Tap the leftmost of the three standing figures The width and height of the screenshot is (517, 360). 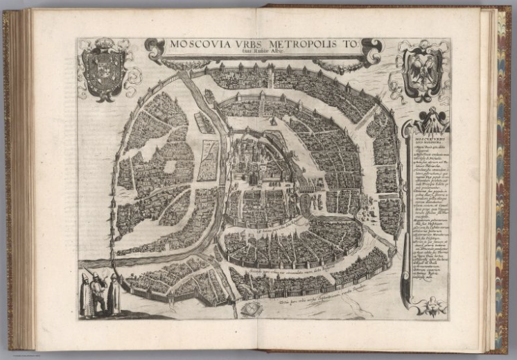tap(86, 295)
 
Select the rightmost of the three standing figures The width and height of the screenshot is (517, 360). tap(114, 294)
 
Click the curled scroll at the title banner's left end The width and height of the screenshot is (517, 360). tap(154, 47)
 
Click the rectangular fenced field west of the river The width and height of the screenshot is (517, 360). tap(209, 160)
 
